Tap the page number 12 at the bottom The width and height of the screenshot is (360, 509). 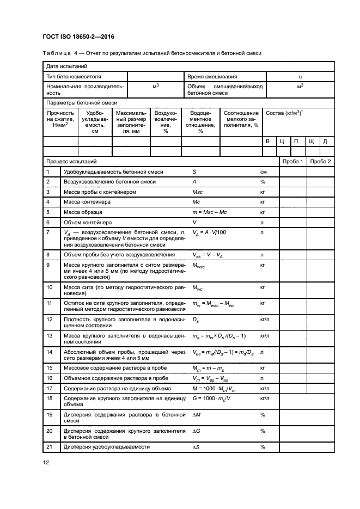[x=46, y=462]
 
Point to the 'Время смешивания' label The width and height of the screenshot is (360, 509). [x=212, y=77]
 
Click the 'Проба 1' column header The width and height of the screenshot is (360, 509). [x=292, y=162]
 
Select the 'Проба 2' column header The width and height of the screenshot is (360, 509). [x=320, y=162]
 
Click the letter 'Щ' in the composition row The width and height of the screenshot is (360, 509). [x=311, y=142]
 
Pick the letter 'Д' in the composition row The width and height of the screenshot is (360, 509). [x=325, y=142]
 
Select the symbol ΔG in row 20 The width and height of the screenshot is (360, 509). [x=197, y=431]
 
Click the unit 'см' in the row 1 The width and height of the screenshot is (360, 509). [x=263, y=172]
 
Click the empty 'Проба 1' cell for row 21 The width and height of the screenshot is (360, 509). [x=292, y=447]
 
